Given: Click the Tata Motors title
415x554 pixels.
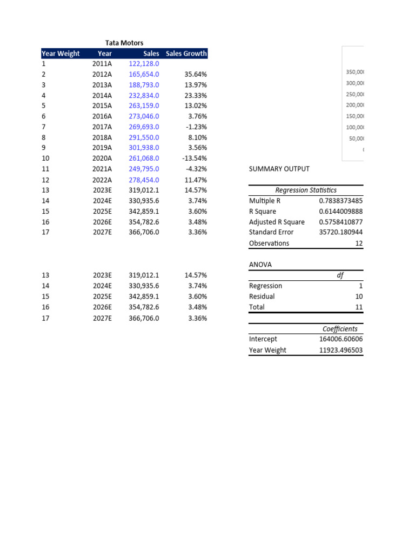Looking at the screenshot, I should pyautogui.click(x=124, y=43).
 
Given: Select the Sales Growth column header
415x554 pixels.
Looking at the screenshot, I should pyautogui.click(x=186, y=54).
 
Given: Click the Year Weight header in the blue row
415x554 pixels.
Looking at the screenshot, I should pyautogui.click(x=61, y=54).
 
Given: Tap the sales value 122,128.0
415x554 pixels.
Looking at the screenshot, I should pyautogui.click(x=144, y=64).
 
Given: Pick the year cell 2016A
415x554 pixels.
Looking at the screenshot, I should pyautogui.click(x=102, y=116).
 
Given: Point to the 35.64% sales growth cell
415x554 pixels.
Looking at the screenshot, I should pyautogui.click(x=195, y=74).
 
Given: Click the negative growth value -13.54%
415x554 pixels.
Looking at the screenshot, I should pyautogui.click(x=195, y=159).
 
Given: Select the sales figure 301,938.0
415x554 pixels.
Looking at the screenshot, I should pyautogui.click(x=144, y=148).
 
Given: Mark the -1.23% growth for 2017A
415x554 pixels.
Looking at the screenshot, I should pyautogui.click(x=196, y=127).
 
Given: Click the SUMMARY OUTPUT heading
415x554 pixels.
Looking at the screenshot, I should pyautogui.click(x=279, y=169).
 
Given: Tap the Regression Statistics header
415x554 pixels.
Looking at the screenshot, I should pyautogui.click(x=306, y=190).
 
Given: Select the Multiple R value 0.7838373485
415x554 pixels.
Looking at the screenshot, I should pyautogui.click(x=341, y=201).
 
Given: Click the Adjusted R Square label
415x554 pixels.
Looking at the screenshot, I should pyautogui.click(x=277, y=222).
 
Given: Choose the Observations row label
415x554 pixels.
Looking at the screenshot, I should pyautogui.click(x=269, y=243).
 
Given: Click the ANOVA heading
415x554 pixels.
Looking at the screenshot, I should pyautogui.click(x=260, y=265).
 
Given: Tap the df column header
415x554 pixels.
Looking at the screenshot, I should pyautogui.click(x=340, y=275).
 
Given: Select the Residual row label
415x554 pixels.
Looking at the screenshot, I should pyautogui.click(x=262, y=296).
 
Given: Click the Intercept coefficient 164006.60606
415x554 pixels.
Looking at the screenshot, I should pyautogui.click(x=341, y=339).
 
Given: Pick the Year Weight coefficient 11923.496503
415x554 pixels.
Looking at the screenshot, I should pyautogui.click(x=341, y=350).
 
